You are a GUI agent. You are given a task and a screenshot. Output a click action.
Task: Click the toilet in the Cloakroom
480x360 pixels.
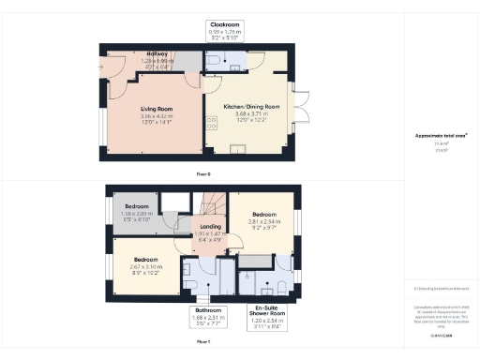(213, 61)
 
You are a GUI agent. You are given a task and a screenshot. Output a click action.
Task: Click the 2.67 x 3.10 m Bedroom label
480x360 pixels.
(145, 263)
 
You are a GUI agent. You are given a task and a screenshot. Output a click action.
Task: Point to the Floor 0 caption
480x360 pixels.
(203, 174)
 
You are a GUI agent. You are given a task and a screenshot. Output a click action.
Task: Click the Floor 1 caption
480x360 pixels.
(203, 343)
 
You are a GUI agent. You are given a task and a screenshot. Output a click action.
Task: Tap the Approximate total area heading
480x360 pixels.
(441, 135)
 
